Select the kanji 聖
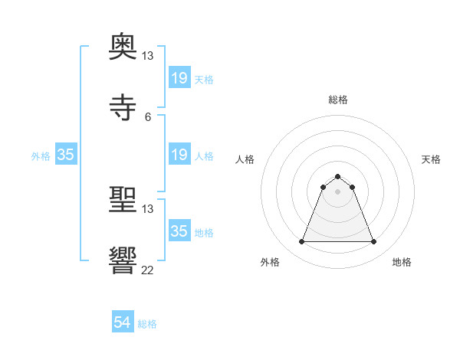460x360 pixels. tap(123, 201)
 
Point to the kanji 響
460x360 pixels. tap(123, 261)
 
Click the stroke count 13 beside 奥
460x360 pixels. tap(148, 56)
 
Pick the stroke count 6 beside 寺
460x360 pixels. tap(148, 116)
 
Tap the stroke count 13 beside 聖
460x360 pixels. tap(148, 209)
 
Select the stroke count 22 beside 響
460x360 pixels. tap(148, 270)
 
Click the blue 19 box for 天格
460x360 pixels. tap(179, 78)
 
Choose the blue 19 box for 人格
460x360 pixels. tap(179, 155)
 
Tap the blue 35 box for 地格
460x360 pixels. tap(179, 231)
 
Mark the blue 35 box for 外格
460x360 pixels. tap(66, 155)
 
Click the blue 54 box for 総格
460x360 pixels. tap(123, 322)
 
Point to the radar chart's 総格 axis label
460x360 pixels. tap(338, 100)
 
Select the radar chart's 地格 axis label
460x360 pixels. tap(402, 262)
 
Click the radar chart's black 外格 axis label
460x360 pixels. tap(270, 262)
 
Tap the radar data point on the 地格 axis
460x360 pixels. tap(373, 242)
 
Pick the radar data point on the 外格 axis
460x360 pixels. tap(302, 242)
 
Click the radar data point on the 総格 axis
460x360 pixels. tap(338, 176)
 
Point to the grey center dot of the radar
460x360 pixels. tap(338, 191)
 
